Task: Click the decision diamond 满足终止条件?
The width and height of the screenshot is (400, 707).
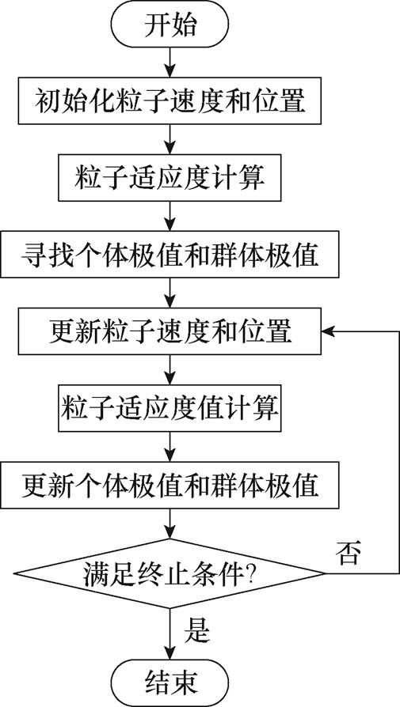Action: click(x=171, y=572)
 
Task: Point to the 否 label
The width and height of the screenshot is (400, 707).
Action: click(x=349, y=550)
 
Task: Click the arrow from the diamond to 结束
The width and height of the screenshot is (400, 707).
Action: click(x=171, y=633)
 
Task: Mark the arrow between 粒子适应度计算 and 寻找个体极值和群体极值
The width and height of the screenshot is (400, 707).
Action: click(x=171, y=215)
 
